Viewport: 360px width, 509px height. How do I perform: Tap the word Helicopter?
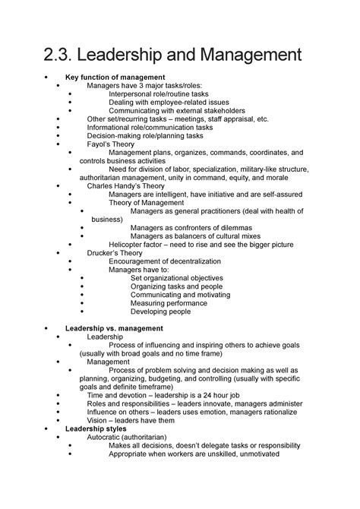coord(132,244)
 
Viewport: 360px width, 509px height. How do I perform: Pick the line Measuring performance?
coord(169,302)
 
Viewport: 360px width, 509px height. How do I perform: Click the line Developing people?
coord(160,311)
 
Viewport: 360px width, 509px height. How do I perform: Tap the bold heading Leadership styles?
coord(96,428)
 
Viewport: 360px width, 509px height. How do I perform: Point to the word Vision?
coord(98,420)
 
